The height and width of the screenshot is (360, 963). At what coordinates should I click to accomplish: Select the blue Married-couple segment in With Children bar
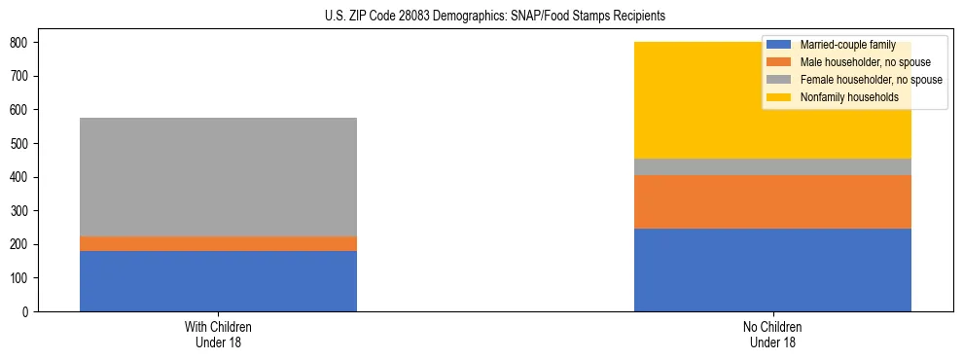(x=218, y=281)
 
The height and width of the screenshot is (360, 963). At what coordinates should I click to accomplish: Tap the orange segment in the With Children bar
(x=218, y=243)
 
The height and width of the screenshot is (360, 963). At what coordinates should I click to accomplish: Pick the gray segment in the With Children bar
(x=218, y=177)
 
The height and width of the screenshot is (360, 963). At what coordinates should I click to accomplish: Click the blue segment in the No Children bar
(x=772, y=270)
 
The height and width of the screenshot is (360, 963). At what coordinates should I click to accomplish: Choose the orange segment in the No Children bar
(x=772, y=201)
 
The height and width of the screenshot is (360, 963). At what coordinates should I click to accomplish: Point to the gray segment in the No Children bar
(x=772, y=166)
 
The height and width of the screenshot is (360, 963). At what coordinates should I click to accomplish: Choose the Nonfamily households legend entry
(x=849, y=97)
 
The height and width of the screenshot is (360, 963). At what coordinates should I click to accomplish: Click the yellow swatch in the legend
(x=779, y=97)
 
